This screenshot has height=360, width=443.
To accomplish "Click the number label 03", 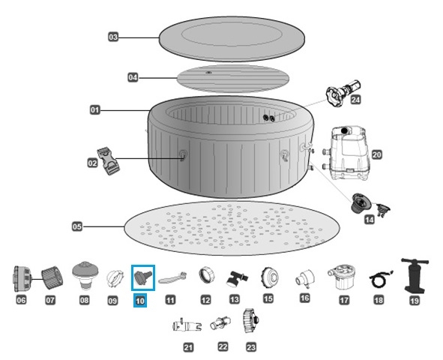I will coord(113,36).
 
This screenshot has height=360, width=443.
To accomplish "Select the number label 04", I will coord(133,77).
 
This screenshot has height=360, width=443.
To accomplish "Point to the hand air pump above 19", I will coord(413,275).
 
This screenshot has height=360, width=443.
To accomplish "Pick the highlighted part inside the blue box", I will coord(142,277).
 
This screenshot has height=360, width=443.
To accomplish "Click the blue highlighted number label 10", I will coord(141,301).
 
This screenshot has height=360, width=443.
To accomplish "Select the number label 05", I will coord(77,225).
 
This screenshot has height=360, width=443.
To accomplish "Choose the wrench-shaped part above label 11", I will coord(171,278).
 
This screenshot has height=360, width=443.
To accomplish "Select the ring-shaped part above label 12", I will coord(205,276).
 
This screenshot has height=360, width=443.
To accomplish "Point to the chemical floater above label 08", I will coord(82,274).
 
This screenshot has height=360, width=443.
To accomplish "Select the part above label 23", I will coord(250,323).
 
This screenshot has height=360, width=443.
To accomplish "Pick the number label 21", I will coord(188,346).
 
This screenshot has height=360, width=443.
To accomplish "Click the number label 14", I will coord(370,220).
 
